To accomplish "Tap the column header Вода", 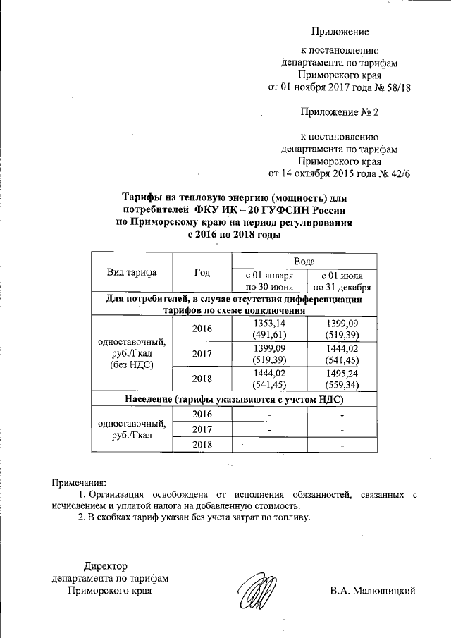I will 305,261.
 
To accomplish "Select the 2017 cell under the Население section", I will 202,429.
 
